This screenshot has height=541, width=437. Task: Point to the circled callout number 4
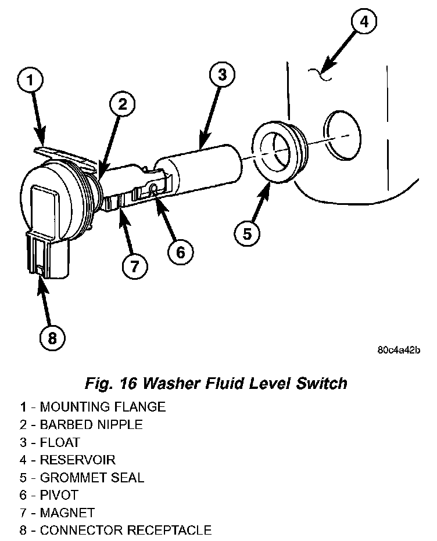[x=363, y=23]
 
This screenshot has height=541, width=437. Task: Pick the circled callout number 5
[x=247, y=233]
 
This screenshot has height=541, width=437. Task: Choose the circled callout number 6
[x=180, y=251]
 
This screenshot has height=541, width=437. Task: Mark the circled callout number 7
[x=135, y=266]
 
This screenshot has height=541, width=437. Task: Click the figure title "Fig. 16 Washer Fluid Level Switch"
[x=216, y=384]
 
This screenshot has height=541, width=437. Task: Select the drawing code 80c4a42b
[x=398, y=350]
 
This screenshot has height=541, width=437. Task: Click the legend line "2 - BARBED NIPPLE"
[x=81, y=424]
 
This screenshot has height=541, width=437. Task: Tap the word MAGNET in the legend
[x=67, y=513]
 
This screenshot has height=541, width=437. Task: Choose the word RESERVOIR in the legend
[x=77, y=460]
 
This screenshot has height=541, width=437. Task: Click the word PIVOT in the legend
[x=59, y=495]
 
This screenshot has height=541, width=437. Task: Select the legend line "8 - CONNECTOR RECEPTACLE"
[x=116, y=530]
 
